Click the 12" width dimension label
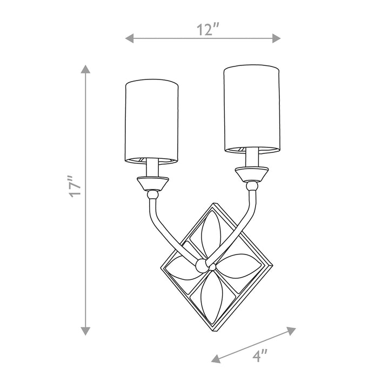[208, 29]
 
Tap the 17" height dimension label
[75, 186]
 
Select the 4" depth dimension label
[260, 356]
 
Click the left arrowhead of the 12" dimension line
[130, 38]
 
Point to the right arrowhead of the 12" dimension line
[277, 38]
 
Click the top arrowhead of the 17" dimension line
[85, 69]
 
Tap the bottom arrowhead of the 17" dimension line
[85, 331]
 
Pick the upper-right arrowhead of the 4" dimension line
[291, 331]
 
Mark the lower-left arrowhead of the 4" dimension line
[216, 359]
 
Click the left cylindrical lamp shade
[152, 122]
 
